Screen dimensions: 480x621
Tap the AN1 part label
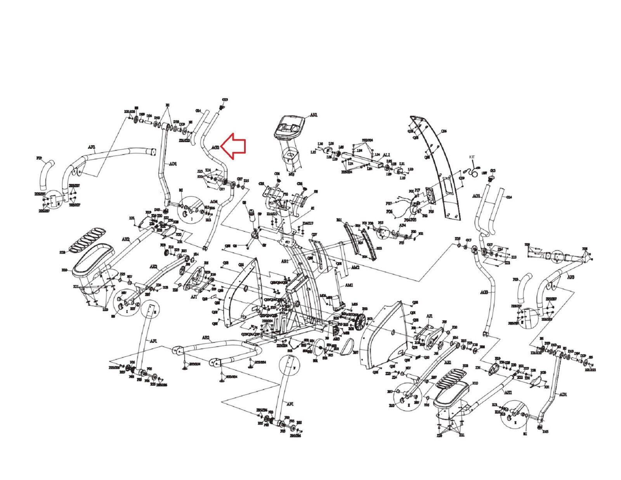coord(314,115)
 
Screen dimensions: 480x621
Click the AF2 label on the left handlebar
coord(92,147)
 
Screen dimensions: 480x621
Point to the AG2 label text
coord(216,148)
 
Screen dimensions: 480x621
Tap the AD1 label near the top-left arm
coord(172,164)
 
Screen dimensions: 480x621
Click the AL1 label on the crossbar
coord(386,155)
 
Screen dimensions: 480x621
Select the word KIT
coord(472,157)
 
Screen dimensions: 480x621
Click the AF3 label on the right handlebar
coord(571,277)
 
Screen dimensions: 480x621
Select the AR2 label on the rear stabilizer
coord(205,338)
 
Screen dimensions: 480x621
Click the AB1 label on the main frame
coord(285,261)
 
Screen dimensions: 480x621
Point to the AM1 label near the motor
coord(349,285)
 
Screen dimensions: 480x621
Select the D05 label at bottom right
coord(546,431)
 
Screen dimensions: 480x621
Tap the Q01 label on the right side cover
coord(413,312)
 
